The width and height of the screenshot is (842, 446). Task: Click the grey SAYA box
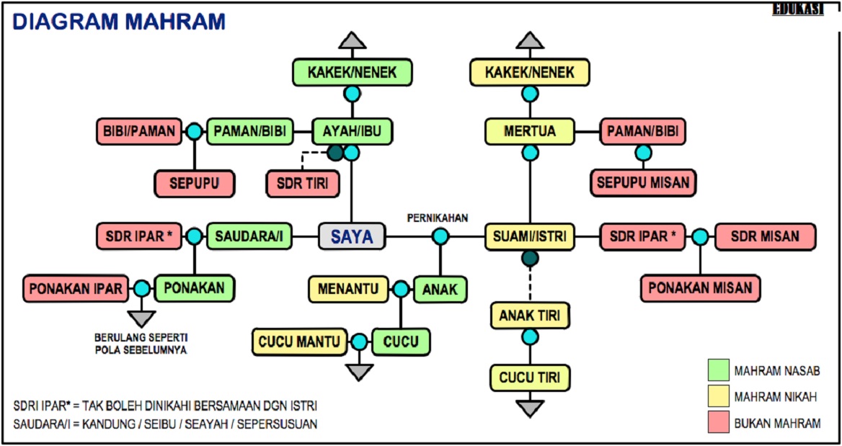(x=352, y=236)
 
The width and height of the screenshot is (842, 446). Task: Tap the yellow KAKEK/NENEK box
(x=530, y=73)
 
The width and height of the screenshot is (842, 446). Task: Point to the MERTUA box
(x=530, y=132)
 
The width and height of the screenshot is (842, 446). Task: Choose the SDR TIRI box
(x=302, y=183)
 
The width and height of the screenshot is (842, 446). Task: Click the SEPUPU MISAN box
(x=643, y=183)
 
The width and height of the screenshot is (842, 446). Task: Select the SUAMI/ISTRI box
(x=530, y=236)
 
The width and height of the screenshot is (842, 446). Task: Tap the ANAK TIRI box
(x=530, y=315)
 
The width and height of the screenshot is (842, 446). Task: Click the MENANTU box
(x=349, y=290)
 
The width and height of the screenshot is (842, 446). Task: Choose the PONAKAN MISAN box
(x=701, y=288)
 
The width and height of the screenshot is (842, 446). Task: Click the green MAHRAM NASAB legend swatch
(x=717, y=370)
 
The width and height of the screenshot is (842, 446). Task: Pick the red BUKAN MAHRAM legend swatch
(x=717, y=423)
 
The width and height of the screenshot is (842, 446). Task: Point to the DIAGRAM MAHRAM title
(x=119, y=22)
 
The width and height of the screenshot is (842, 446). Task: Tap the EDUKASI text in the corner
(x=797, y=9)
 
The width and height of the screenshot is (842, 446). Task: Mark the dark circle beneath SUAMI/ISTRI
(x=530, y=258)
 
